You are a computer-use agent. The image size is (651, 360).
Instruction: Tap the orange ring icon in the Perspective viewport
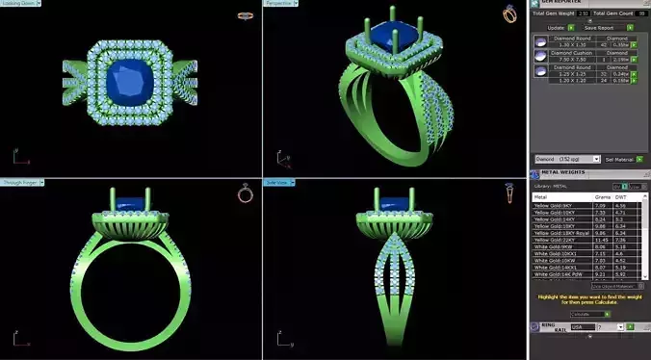pos(508,13)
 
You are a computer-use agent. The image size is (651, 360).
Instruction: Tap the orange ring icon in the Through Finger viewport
pos(245,193)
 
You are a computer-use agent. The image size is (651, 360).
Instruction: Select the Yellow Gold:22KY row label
pos(555,239)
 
